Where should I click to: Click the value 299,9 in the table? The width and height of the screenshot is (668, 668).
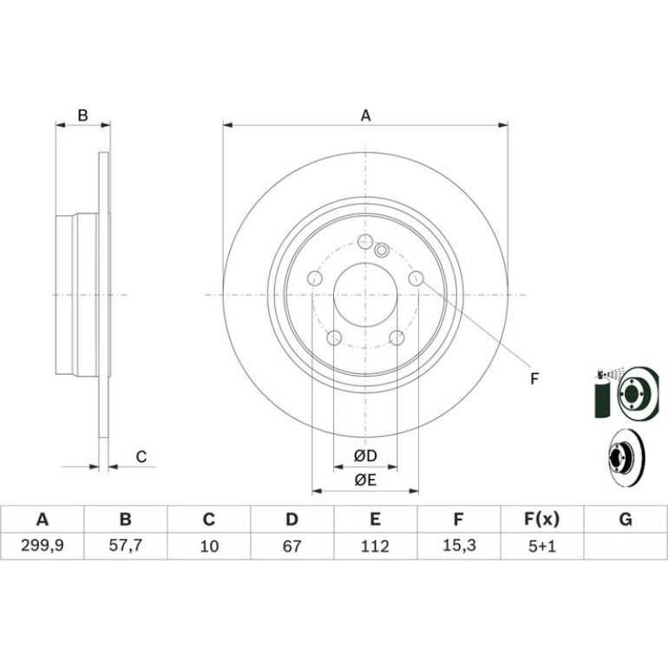[43, 546]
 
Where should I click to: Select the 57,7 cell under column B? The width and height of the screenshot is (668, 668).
[126, 546]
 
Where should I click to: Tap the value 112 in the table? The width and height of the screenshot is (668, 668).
[375, 547]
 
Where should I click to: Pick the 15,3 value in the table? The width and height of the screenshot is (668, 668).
[458, 546]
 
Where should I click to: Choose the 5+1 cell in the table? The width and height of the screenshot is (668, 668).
[542, 547]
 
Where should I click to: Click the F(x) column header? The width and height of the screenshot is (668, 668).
[542, 520]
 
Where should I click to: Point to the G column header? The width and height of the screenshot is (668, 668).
[625, 520]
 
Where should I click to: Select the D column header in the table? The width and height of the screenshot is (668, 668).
[291, 520]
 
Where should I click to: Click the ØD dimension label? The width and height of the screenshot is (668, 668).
[365, 456]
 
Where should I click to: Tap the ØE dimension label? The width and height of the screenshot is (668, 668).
[365, 481]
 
